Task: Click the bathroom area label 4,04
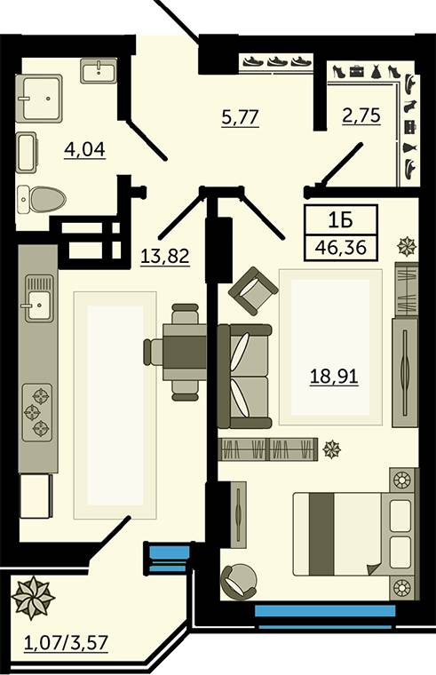[84, 149]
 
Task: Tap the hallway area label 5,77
[240, 117]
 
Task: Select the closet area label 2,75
[361, 115]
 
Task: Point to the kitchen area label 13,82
[165, 256]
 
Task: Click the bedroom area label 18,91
[334, 377]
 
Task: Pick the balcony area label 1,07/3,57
[66, 643]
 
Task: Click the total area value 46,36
[341, 248]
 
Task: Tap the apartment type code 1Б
[340, 220]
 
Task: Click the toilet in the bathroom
[42, 199]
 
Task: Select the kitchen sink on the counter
[39, 298]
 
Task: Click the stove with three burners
[37, 413]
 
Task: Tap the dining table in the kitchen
[185, 352]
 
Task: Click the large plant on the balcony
[33, 598]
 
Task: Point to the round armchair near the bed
[239, 581]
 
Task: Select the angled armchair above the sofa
[253, 291]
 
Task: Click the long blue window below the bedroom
[325, 610]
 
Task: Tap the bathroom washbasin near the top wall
[99, 71]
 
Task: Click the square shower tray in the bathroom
[39, 98]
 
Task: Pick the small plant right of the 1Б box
[407, 247]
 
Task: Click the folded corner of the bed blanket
[374, 569]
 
